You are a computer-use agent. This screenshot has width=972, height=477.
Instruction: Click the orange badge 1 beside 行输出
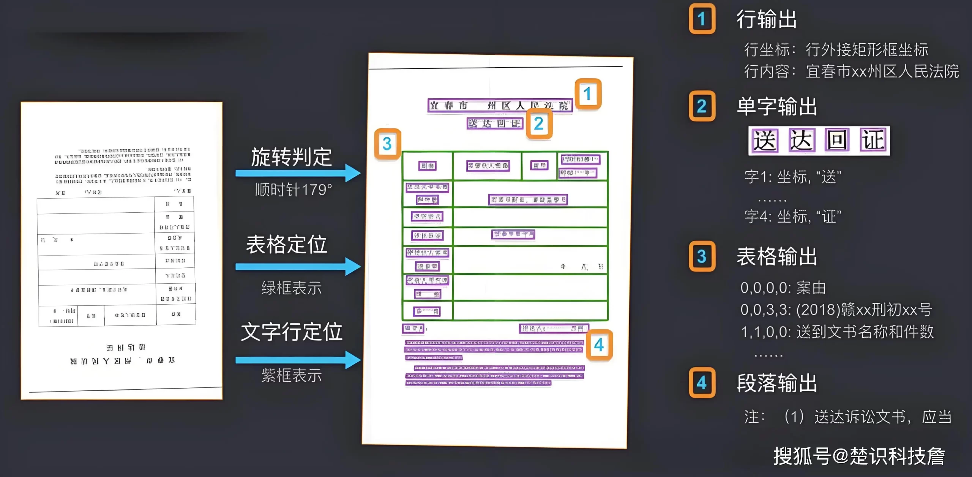click(702, 19)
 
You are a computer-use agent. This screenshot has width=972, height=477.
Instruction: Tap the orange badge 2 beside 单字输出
click(702, 106)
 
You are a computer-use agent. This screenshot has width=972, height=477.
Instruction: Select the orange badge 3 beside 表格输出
click(702, 256)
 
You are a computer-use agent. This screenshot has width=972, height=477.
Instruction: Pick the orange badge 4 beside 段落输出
click(702, 382)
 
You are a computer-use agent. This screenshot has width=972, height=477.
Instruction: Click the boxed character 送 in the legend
click(765, 141)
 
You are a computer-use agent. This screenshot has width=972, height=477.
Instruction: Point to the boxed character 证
click(873, 141)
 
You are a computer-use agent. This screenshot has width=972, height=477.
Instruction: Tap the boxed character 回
click(837, 141)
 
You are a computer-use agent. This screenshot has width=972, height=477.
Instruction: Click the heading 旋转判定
click(291, 157)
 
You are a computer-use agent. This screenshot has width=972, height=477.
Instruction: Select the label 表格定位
click(287, 244)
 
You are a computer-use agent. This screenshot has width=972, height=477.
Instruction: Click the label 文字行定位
click(292, 332)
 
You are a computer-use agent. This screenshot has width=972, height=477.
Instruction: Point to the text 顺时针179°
click(293, 190)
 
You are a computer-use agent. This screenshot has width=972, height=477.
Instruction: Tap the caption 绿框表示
click(292, 288)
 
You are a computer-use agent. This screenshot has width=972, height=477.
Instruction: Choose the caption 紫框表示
click(292, 375)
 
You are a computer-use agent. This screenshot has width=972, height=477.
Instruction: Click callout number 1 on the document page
click(588, 94)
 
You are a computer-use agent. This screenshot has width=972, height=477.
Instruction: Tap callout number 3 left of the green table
click(387, 144)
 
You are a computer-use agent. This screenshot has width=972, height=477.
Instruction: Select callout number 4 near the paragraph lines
click(599, 345)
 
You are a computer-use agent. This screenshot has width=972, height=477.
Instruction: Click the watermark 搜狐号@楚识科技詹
click(859, 456)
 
